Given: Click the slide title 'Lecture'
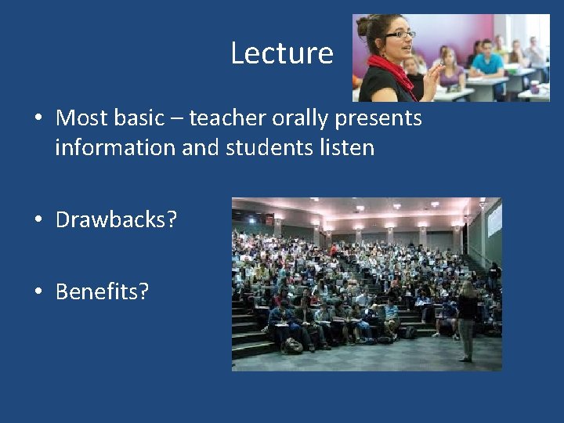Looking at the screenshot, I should pyautogui.click(x=282, y=53).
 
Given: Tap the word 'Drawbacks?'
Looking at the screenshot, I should pyautogui.click(x=116, y=220).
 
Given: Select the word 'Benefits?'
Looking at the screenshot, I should pyautogui.click(x=102, y=292).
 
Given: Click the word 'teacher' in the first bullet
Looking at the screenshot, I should pyautogui.click(x=228, y=118).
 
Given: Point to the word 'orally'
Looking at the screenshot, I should pyautogui.click(x=302, y=118).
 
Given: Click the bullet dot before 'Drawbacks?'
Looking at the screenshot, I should pyautogui.click(x=38, y=221).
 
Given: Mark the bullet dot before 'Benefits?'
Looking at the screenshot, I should pyautogui.click(x=38, y=293).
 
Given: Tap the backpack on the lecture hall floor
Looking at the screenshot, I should pyautogui.click(x=294, y=345).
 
